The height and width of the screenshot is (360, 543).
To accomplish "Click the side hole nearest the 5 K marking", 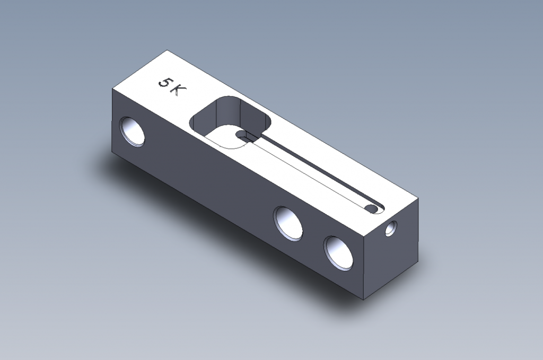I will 132,131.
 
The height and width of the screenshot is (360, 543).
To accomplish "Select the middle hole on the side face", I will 288,223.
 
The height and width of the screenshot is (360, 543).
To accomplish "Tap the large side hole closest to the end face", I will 339,252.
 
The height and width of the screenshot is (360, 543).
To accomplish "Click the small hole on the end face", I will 391,229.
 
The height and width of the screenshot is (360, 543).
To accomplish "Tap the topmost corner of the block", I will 167,50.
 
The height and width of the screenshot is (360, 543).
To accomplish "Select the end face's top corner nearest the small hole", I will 418,199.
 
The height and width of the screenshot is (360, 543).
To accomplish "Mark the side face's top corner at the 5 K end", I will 112,89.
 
